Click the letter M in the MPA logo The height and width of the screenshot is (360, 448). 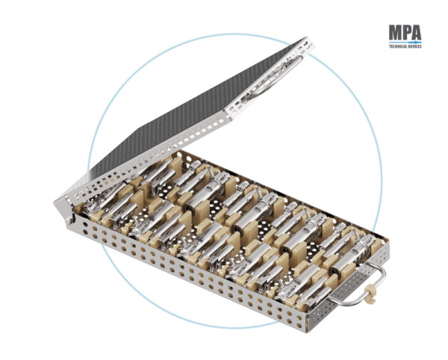pos(396,33)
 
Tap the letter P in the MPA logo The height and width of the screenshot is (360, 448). pos(408,33)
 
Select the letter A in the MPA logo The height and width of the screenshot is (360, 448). pos(417,33)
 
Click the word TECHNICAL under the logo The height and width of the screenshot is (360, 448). pos(397,46)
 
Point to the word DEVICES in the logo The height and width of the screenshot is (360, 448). pos(414,46)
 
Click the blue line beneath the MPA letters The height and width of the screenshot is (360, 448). pos(405,43)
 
